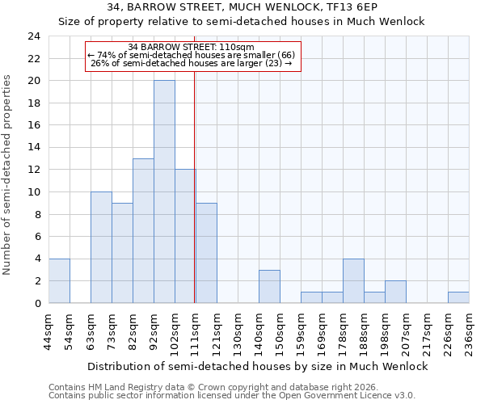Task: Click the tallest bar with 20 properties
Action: (164, 191)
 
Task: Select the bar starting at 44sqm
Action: (59, 280)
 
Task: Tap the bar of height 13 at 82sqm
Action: (143, 230)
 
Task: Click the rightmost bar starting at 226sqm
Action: (458, 297)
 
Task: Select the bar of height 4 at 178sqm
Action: (353, 280)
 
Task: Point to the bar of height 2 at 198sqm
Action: (395, 292)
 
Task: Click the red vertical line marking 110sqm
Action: (195, 186)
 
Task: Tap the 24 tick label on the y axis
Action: (33, 36)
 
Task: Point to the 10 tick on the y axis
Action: (33, 192)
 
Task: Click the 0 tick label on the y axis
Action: (36, 303)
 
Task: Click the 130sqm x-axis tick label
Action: (238, 330)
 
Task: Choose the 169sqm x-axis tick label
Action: (322, 330)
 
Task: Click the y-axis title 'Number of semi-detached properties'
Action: (8, 175)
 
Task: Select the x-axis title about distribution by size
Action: (257, 366)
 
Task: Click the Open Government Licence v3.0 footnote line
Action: (232, 395)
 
